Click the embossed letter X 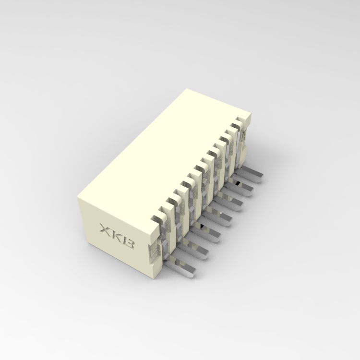pyautogui.click(x=104, y=229)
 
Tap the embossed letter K pyautogui.click(x=116, y=236)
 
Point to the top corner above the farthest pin pyautogui.click(x=251, y=114)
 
